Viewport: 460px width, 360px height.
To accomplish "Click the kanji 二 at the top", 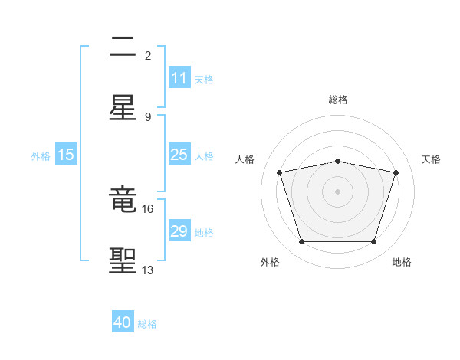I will point(123,48).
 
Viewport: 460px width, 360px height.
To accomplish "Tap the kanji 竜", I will point(123,201).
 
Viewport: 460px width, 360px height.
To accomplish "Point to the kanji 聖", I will point(123,260).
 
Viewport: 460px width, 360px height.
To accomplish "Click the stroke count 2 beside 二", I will point(148,55).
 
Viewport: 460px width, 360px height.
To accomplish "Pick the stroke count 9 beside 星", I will point(148,116).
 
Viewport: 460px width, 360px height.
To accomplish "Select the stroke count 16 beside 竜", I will point(148,208).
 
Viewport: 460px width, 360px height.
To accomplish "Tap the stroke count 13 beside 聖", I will point(148,270).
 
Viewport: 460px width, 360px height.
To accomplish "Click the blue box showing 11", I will point(179,78).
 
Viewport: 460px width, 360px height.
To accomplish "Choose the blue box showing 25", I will point(179,155).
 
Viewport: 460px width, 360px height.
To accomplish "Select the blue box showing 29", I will point(179,231).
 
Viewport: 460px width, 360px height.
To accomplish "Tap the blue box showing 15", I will point(66,155).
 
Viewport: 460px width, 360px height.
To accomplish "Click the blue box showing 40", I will point(123,323).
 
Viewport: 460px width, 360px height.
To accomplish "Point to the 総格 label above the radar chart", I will point(338,100).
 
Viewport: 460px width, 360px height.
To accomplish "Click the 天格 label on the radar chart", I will point(431,159).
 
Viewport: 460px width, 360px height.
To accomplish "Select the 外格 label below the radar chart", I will point(270,262).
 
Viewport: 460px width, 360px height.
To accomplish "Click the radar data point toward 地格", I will point(373,242).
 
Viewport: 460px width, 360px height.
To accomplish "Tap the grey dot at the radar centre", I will point(338,191).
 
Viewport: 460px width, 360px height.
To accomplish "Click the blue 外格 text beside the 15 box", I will point(41,155).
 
